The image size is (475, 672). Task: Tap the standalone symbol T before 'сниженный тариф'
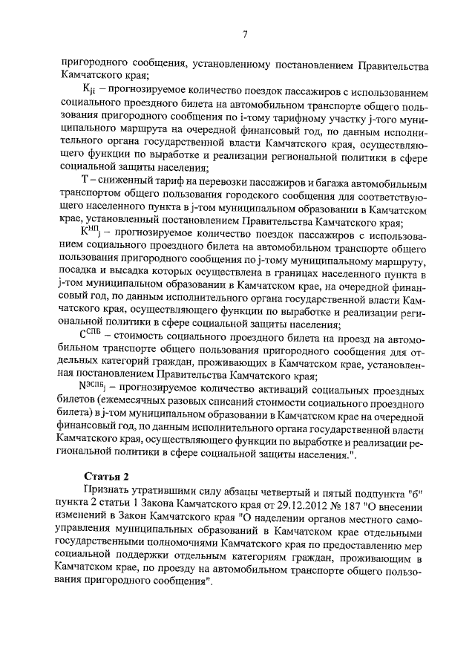click(84, 183)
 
